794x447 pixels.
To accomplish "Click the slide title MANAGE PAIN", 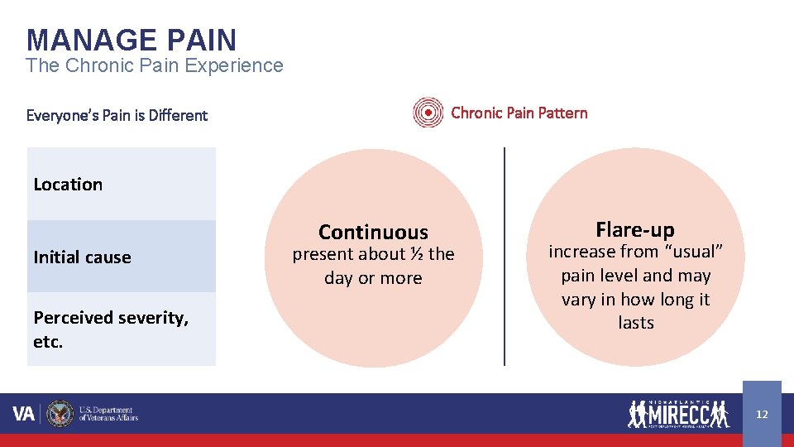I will [131, 40].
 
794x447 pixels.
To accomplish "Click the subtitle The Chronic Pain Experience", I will [154, 66].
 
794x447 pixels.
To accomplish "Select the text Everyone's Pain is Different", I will [117, 115].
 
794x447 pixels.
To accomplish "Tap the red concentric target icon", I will [428, 113].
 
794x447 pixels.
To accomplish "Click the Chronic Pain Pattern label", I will [519, 113].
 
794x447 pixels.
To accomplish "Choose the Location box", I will [121, 184].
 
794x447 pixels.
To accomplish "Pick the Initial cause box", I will [121, 257].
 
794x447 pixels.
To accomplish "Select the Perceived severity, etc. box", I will [121, 329].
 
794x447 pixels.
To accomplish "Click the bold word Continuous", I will [373, 232].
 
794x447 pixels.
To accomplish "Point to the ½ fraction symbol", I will [417, 254].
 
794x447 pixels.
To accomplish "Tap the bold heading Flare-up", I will [635, 229].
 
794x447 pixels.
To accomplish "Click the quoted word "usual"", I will [692, 252].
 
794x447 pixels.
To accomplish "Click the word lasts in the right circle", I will [635, 323].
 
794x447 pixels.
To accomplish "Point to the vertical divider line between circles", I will [505, 257].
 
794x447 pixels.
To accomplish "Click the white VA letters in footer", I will [24, 414].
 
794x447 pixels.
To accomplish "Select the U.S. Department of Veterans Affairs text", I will [108, 414].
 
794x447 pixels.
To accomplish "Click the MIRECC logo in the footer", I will [678, 413].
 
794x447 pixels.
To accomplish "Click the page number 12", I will [762, 414].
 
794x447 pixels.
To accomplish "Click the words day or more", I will [373, 278].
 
